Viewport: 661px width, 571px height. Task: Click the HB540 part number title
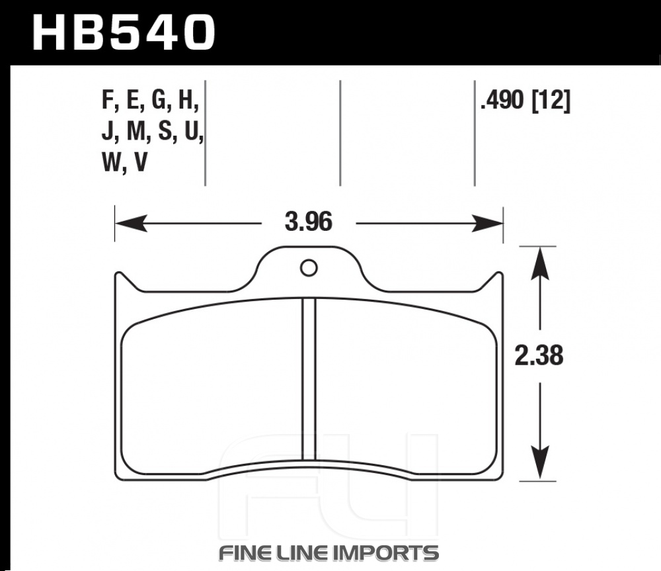(124, 33)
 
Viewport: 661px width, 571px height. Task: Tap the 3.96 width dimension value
(309, 222)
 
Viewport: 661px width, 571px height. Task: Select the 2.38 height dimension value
(539, 356)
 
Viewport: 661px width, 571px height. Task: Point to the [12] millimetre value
(551, 102)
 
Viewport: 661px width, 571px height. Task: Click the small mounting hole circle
(309, 268)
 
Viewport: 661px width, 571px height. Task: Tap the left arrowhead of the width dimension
(131, 223)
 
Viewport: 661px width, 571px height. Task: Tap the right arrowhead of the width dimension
(487, 223)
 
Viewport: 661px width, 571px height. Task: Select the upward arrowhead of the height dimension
(540, 263)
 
